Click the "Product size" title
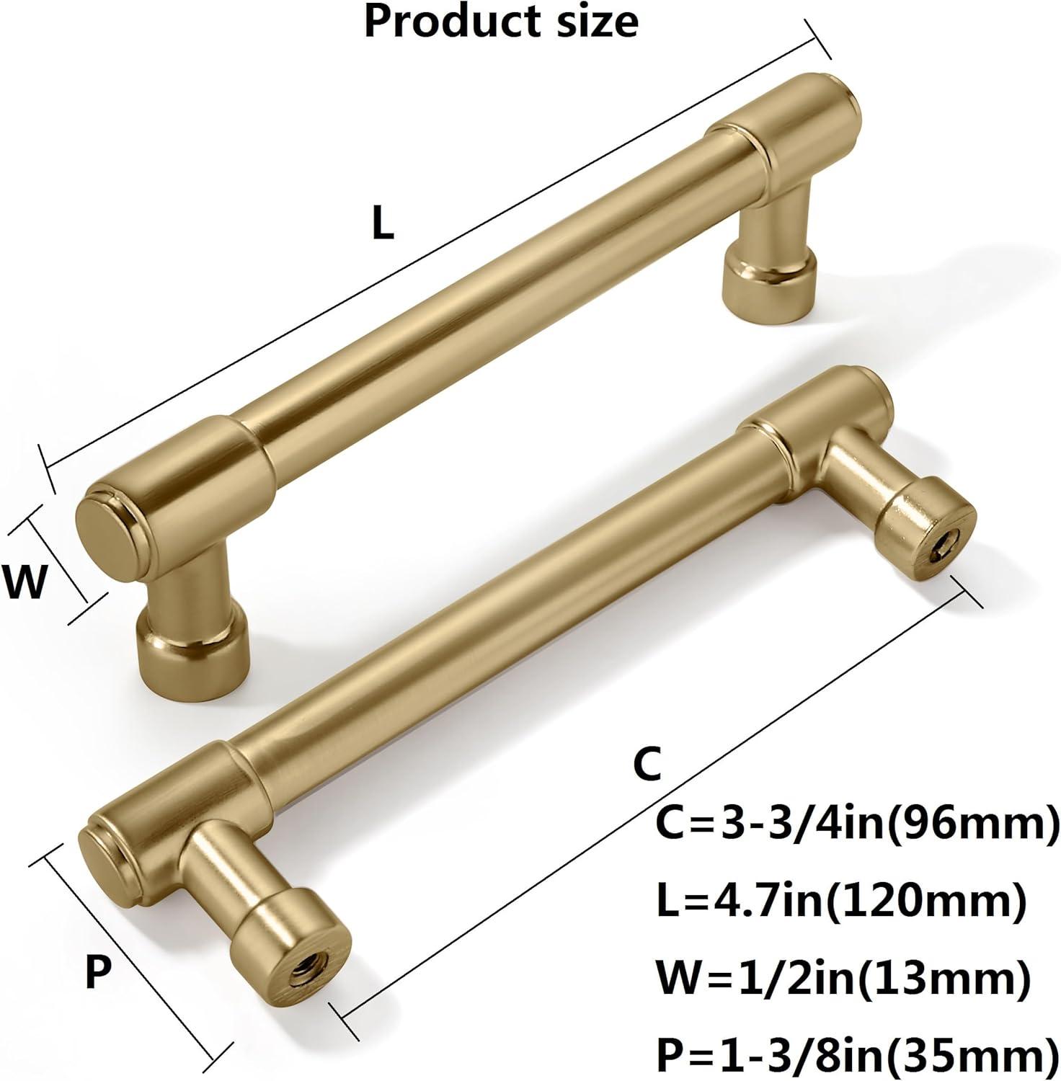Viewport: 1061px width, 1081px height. [x=501, y=22]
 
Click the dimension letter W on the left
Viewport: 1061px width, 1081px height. [x=25, y=582]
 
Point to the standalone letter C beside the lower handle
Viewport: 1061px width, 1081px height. [x=647, y=765]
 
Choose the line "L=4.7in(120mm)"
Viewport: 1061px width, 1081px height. [x=840, y=901]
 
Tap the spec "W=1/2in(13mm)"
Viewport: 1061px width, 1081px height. [x=842, y=978]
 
